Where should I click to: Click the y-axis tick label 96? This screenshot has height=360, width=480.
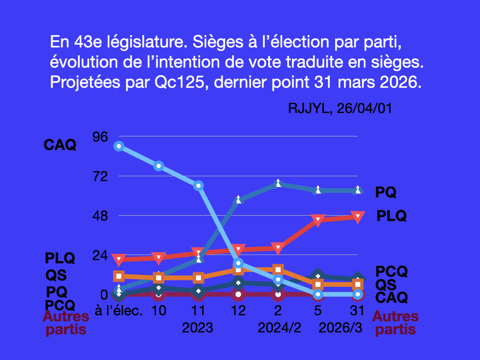pos(101,137)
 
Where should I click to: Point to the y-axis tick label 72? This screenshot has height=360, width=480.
pos(101,177)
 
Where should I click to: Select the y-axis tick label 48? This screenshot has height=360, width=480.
pos(101,216)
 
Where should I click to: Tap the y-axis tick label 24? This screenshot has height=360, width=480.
pos(101,255)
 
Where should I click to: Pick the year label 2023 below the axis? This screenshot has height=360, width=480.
pos(198,328)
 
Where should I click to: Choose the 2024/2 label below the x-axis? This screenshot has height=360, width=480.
pos(279,328)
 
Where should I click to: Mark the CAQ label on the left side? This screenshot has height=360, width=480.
pos(60,145)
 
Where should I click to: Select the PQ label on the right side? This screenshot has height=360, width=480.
pos(386,192)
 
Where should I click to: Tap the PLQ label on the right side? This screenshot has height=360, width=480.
pos(391,216)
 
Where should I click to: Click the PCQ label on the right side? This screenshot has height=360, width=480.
pos(391,271)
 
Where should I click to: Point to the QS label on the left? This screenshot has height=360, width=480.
pos(56,275)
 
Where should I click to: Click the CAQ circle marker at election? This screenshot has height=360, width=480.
pos(119,146)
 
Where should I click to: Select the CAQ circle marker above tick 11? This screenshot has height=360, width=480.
pos(198,186)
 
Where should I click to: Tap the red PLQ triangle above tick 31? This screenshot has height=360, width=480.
pos(358,217)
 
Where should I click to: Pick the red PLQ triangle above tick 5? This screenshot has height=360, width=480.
pos(318,220)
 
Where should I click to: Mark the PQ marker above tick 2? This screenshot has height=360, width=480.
pos(278,183)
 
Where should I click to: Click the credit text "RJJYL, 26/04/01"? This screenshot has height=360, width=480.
pos(340,108)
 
